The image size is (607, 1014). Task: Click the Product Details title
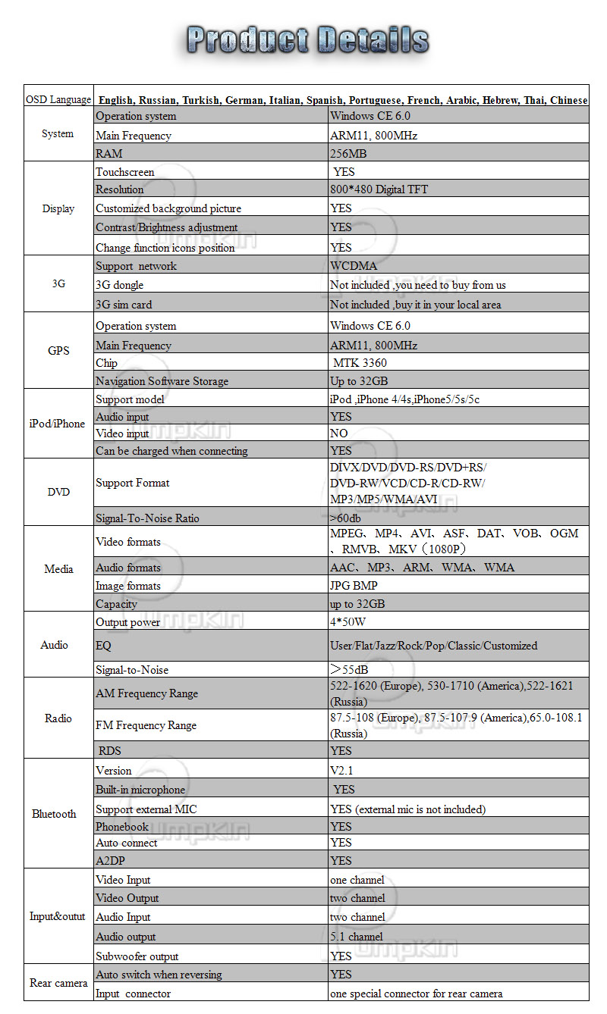point(308,39)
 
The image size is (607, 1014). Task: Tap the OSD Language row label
point(58,100)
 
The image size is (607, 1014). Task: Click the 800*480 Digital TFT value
point(379,189)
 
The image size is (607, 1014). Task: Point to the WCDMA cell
point(354,266)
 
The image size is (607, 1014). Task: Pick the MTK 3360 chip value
point(360,363)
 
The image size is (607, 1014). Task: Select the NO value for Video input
point(339,433)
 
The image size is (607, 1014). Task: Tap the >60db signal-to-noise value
point(345,518)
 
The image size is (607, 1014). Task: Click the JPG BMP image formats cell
point(354,586)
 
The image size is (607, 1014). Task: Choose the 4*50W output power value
point(348,622)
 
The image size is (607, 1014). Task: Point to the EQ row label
point(103,646)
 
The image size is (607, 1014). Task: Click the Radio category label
point(58,718)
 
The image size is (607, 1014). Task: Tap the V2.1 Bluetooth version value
point(341,771)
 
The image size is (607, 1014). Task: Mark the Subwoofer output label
point(137,956)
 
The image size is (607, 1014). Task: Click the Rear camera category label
point(58,984)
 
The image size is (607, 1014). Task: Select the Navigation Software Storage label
point(162,381)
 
